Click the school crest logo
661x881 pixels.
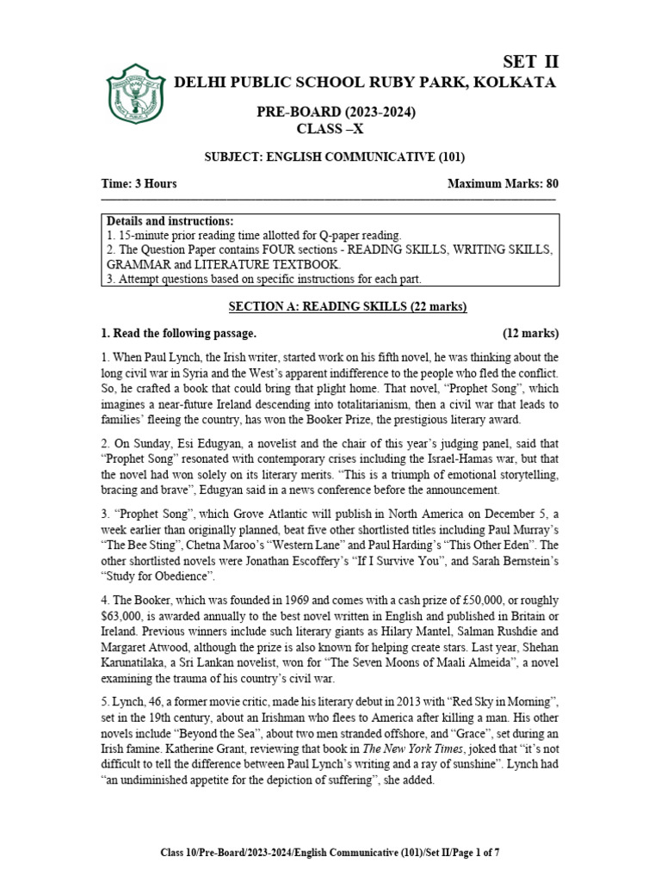136,93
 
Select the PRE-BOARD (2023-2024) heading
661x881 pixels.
332,113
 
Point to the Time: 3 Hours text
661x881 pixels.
139,184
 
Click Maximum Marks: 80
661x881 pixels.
503,184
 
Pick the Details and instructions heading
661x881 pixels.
170,221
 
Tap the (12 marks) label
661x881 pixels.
530,333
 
